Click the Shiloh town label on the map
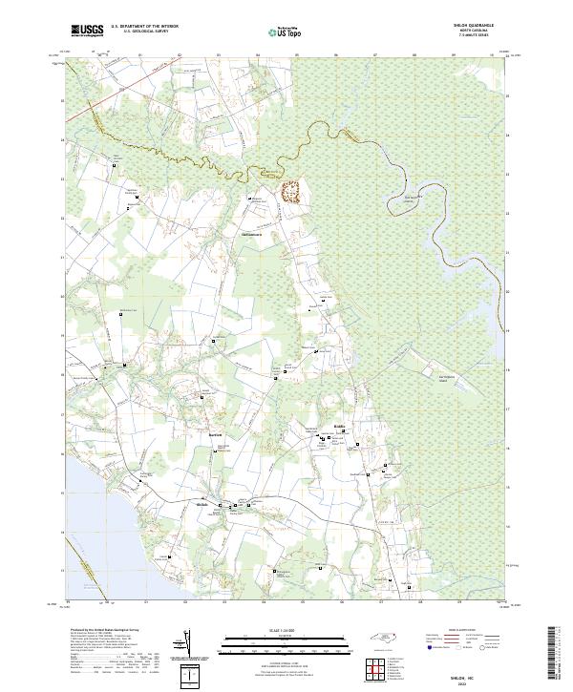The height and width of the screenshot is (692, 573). point(202,505)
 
